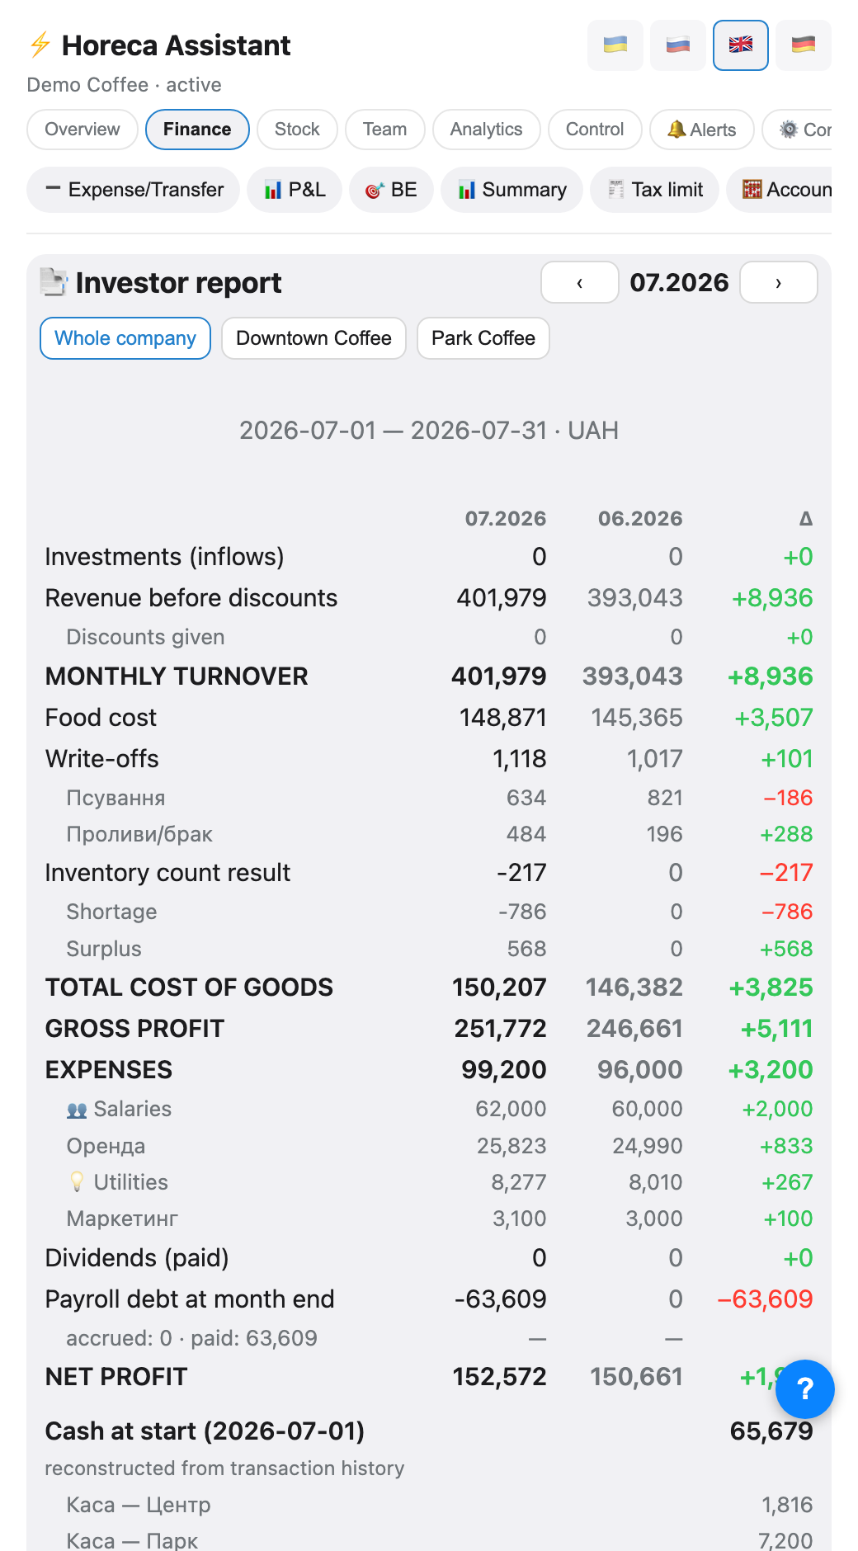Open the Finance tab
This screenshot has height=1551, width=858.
(197, 130)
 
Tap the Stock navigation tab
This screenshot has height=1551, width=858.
(297, 130)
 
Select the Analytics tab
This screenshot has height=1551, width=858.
(486, 130)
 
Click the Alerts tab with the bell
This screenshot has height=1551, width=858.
(701, 130)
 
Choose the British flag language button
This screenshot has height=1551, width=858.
(741, 45)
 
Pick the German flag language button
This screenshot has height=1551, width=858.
(804, 45)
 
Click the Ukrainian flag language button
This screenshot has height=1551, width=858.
(615, 45)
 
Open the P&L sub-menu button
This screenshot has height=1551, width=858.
(295, 190)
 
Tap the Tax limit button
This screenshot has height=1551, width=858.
(654, 190)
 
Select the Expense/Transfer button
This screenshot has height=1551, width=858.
(134, 190)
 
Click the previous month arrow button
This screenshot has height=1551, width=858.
(580, 282)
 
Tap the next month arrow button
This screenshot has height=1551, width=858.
(779, 282)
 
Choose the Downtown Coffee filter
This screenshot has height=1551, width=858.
(313, 338)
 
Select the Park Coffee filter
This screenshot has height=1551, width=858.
(483, 338)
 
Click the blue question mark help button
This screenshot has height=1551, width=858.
(805, 1389)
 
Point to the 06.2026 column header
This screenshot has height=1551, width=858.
(640, 518)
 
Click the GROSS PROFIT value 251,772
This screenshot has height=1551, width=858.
(500, 1029)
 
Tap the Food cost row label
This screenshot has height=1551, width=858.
(101, 718)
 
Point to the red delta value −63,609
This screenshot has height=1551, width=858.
(766, 1299)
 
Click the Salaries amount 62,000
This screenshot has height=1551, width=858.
(511, 1109)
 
